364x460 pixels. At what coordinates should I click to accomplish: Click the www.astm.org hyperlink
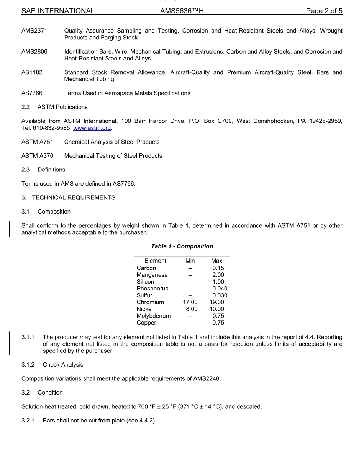(x=92, y=128)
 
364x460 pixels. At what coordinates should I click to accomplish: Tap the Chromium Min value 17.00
(x=190, y=302)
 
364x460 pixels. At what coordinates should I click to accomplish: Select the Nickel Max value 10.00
(x=216, y=309)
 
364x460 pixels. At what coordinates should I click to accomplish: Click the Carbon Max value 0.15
(x=218, y=268)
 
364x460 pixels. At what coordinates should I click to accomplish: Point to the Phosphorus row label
(x=152, y=289)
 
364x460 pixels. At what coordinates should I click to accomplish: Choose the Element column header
(x=155, y=261)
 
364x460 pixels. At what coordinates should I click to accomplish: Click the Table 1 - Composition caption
(x=182, y=246)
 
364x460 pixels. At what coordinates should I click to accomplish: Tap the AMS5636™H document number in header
(x=182, y=11)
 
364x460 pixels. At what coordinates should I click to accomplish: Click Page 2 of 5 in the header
(x=324, y=11)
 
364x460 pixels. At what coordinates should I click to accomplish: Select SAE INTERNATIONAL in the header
(x=58, y=11)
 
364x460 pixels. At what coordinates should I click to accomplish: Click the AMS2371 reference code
(x=34, y=31)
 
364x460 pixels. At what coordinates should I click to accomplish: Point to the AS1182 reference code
(x=32, y=72)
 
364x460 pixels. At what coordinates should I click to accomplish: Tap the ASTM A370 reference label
(x=38, y=156)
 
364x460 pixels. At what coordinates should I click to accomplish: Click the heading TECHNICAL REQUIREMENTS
(x=74, y=198)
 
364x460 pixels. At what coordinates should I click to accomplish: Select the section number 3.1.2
(x=28, y=365)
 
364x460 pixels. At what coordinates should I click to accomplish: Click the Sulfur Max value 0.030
(x=220, y=295)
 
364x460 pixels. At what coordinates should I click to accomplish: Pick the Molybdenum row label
(x=154, y=316)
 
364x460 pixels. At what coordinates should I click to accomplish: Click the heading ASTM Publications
(x=62, y=107)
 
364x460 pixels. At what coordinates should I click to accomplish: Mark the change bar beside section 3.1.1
(x=10, y=344)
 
